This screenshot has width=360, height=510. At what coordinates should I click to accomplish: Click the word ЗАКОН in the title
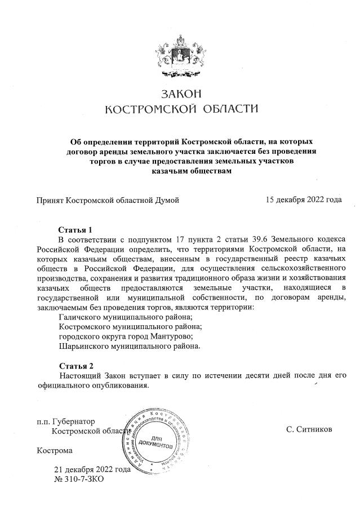[181, 93]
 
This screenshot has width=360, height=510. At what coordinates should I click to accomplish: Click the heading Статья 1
[75, 230]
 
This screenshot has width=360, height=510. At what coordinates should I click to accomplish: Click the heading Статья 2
[75, 365]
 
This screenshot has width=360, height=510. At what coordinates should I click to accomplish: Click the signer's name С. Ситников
[309, 430]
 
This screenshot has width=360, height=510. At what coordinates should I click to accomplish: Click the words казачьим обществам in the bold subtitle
[192, 171]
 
